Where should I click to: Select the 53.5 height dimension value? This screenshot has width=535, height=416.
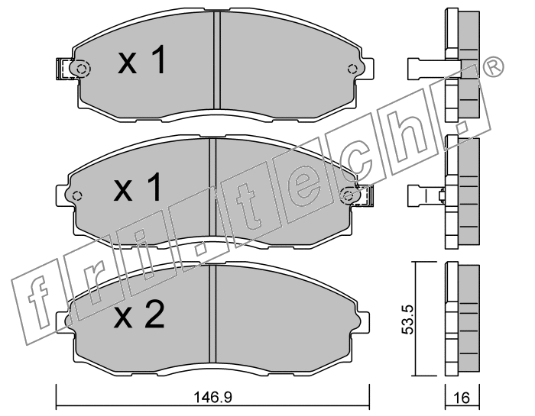(x=407, y=319)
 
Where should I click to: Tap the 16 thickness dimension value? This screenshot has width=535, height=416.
(x=462, y=398)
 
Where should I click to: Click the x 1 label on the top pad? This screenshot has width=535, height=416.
(x=141, y=60)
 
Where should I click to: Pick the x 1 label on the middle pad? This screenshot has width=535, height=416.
(x=137, y=186)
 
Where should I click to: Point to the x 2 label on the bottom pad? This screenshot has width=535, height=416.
(x=139, y=314)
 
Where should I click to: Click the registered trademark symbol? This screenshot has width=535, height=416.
(x=494, y=67)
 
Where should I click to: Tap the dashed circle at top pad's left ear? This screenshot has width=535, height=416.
(x=81, y=69)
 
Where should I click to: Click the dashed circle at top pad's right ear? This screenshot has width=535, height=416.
(x=352, y=69)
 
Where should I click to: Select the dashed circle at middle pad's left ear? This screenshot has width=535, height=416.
(x=77, y=196)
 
